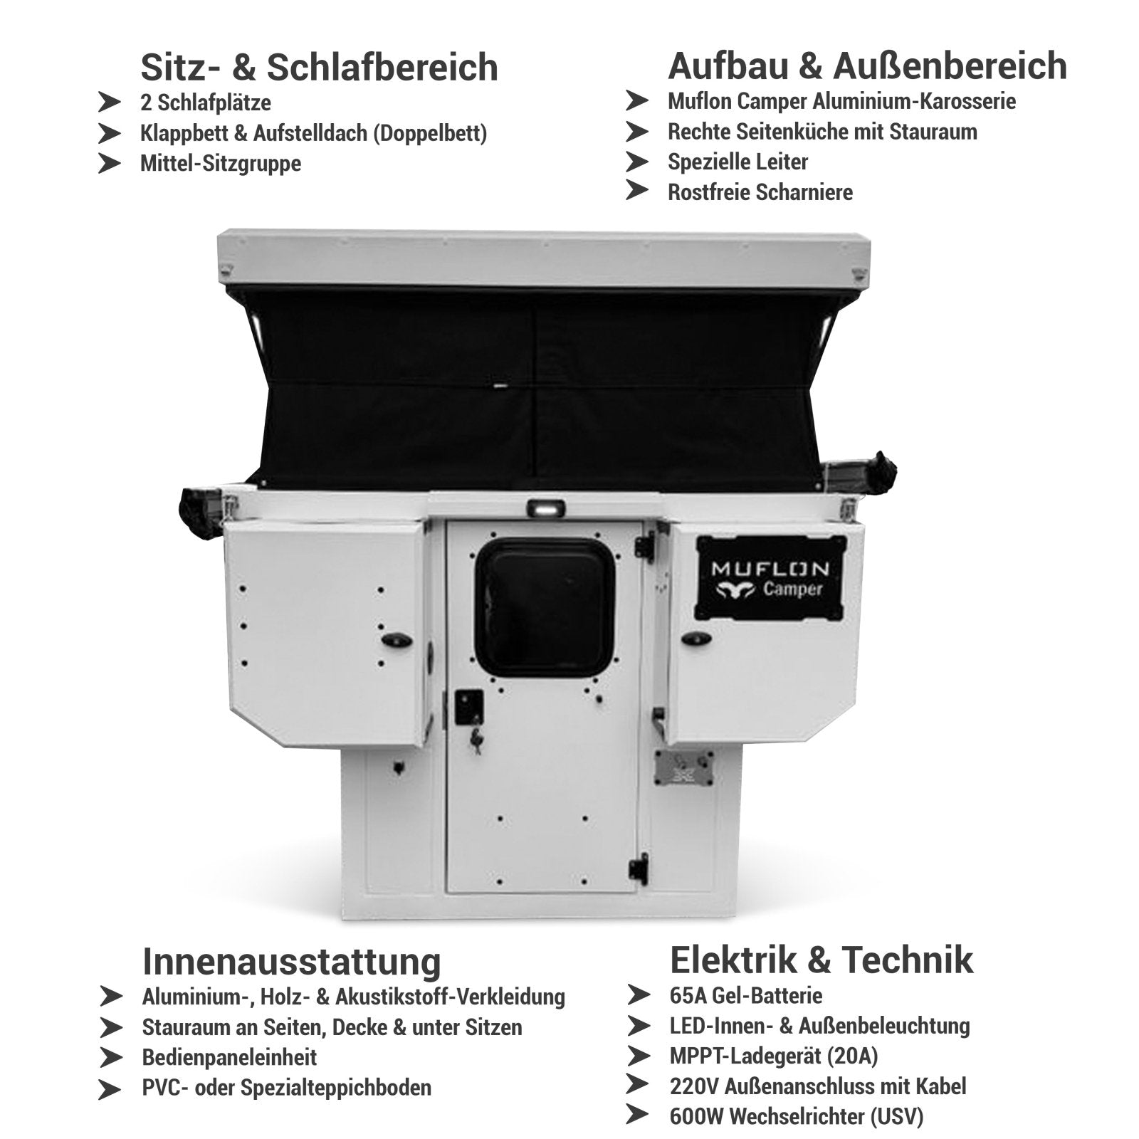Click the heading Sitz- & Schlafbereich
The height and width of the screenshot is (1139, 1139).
pyautogui.click(x=319, y=67)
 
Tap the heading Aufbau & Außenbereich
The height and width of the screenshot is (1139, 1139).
pyautogui.click(x=867, y=65)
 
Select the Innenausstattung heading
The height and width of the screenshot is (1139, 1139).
pyautogui.click(x=292, y=961)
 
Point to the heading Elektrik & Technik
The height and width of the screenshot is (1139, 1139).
pyautogui.click(x=821, y=959)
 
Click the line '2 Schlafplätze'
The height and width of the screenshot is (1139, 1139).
pyautogui.click(x=206, y=103)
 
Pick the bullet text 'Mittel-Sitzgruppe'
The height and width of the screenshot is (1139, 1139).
pyautogui.click(x=221, y=163)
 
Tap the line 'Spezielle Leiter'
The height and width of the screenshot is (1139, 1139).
pyautogui.click(x=738, y=162)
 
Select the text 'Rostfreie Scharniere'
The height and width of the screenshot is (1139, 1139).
pyautogui.click(x=760, y=192)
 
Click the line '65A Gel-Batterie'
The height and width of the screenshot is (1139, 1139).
pyautogui.click(x=746, y=995)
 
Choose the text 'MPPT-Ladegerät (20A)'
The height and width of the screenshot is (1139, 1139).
pyautogui.click(x=774, y=1056)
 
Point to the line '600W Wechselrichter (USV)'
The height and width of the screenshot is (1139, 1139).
pyautogui.click(x=797, y=1116)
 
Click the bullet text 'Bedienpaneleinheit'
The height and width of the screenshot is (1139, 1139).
pyautogui.click(x=229, y=1057)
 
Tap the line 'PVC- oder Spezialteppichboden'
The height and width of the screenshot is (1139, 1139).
pyautogui.click(x=287, y=1088)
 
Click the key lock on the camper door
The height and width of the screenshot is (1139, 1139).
pyautogui.click(x=475, y=743)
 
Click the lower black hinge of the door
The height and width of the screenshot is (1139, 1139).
pyautogui.click(x=639, y=868)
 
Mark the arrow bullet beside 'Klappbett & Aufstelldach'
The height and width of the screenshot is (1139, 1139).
pyautogui.click(x=110, y=133)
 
